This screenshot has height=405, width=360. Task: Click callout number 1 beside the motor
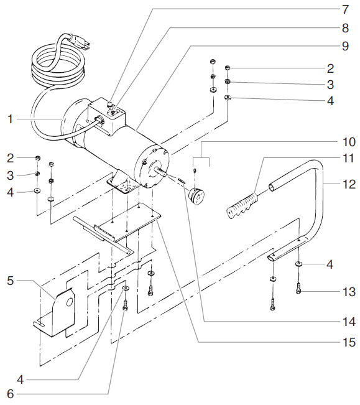click(x=9, y=118)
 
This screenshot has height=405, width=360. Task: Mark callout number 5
click(x=9, y=281)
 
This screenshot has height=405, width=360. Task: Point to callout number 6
click(x=9, y=394)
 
